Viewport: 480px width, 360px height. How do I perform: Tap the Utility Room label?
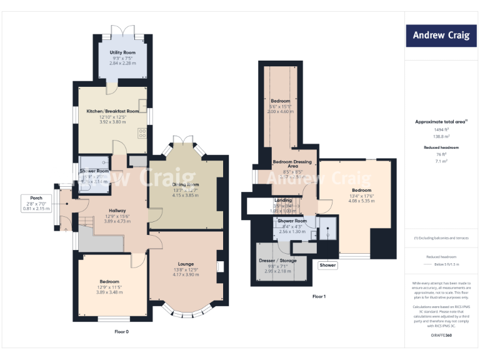pos(122,52)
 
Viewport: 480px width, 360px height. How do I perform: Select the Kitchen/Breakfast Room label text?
pos(112,111)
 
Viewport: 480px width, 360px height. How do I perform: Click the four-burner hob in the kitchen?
pos(142,132)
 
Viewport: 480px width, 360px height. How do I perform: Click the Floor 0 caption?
pos(121,331)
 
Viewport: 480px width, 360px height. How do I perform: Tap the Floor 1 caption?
pos(319,296)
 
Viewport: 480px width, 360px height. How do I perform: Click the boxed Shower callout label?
pos(327,265)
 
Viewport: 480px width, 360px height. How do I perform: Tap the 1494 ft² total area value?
pos(441,129)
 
